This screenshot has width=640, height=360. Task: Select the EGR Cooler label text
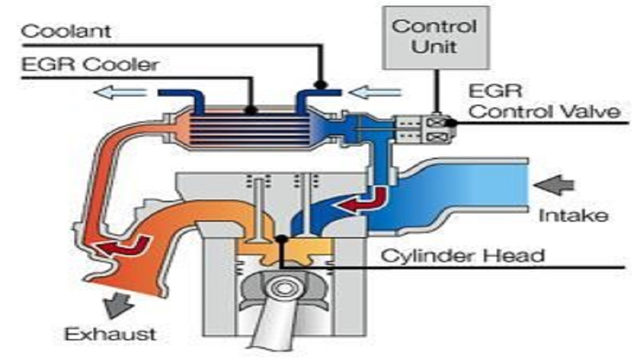tap(90, 65)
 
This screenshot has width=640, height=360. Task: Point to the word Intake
tap(572, 216)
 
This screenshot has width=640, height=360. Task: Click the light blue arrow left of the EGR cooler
tap(122, 93)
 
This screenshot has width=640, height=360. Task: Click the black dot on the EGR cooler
tap(251, 110)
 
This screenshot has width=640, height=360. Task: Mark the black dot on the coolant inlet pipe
tap(321, 84)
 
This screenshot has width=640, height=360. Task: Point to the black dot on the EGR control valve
tap(450, 122)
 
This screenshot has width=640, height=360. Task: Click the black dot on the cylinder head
tap(283, 239)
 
